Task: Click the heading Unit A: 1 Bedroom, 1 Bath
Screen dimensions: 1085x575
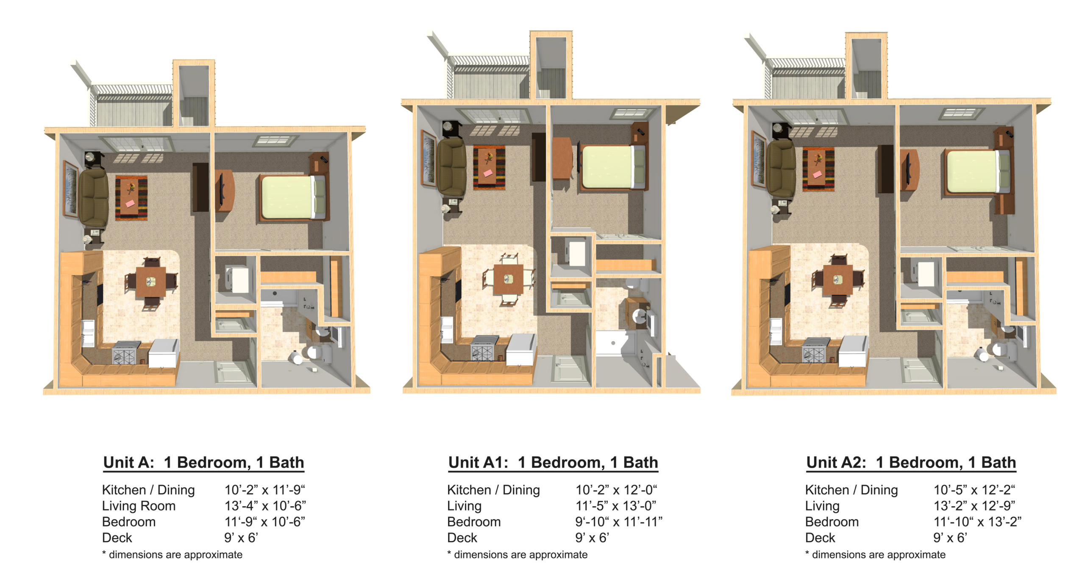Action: pyautogui.click(x=203, y=462)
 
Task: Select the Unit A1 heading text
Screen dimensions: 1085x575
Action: pyautogui.click(x=553, y=462)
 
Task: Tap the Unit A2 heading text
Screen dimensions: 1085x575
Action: pyautogui.click(x=911, y=462)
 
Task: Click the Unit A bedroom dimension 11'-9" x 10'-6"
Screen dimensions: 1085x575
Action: pyautogui.click(x=265, y=522)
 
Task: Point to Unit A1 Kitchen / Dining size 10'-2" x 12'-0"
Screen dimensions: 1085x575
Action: pyautogui.click(x=616, y=490)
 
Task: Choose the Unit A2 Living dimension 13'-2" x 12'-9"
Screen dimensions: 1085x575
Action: pyautogui.click(x=974, y=506)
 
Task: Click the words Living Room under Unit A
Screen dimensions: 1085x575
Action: pyautogui.click(x=139, y=506)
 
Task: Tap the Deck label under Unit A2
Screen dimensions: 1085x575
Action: pyautogui.click(x=820, y=538)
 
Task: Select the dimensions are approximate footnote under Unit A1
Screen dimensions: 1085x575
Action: pyautogui.click(x=517, y=555)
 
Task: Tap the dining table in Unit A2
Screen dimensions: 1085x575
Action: pyautogui.click(x=837, y=280)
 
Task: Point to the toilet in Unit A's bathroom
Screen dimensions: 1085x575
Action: pyautogui.click(x=318, y=353)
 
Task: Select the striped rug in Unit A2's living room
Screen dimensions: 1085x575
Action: pyautogui.click(x=818, y=169)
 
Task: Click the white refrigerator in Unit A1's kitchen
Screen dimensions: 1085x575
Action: pyautogui.click(x=521, y=350)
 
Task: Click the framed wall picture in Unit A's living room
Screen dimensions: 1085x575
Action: pyautogui.click(x=71, y=189)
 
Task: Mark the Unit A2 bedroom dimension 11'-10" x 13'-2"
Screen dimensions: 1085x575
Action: pyautogui.click(x=977, y=522)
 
